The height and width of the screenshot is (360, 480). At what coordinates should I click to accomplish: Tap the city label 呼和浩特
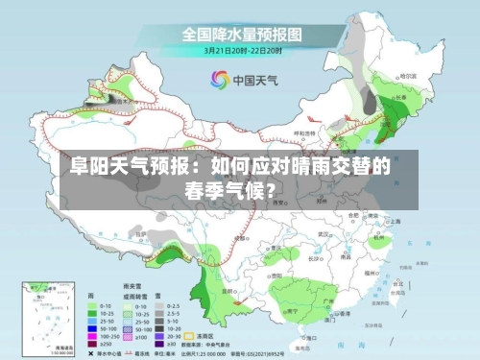(303, 133)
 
